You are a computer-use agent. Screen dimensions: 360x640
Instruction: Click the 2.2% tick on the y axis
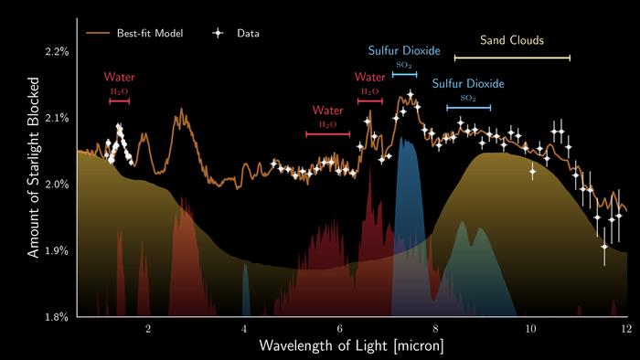point(57,51)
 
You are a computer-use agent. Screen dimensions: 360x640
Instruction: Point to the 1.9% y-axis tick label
point(57,250)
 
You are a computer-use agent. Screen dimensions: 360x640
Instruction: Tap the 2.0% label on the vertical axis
point(57,185)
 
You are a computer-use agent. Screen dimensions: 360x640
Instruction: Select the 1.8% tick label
point(57,317)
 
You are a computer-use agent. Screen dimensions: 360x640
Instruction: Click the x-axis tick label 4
point(244,328)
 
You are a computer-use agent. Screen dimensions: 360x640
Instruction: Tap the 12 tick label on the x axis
point(624,328)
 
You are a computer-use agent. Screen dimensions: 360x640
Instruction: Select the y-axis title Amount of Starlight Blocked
point(34,184)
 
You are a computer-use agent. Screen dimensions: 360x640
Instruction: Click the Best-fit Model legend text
point(150,34)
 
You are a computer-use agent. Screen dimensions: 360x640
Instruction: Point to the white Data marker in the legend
point(219,34)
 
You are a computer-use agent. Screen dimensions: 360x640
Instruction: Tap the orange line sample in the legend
point(98,34)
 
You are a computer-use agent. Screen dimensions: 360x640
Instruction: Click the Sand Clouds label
point(512,41)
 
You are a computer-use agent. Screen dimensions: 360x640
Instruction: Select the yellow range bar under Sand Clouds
point(512,58)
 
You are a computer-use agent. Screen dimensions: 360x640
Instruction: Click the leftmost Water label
point(120,77)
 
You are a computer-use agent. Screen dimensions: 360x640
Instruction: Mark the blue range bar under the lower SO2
point(468,108)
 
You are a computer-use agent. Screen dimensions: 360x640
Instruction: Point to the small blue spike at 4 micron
point(245,288)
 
